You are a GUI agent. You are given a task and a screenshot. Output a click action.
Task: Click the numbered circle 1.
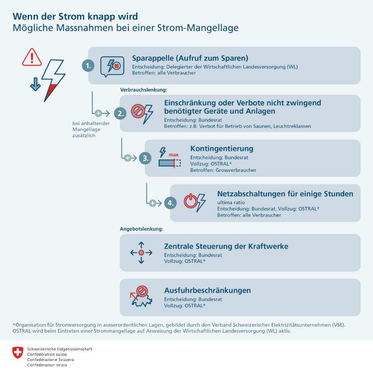tap(88, 66)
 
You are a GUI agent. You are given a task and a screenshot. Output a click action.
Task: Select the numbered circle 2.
tap(120, 113)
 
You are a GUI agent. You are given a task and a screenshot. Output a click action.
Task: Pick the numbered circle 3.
tap(145, 158)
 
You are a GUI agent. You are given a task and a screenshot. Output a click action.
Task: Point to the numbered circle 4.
tap(170, 203)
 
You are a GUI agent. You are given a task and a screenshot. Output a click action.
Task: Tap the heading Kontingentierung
tap(222, 149)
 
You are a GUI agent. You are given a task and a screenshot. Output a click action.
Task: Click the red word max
tap(173, 155)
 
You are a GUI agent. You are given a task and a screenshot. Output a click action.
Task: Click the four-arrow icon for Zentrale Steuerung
tap(141, 252)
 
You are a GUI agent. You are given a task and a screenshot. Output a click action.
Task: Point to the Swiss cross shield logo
tap(17, 352)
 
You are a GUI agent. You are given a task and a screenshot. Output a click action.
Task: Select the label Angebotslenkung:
tap(141, 229)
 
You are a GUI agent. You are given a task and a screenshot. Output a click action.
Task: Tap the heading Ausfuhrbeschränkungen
tap(208, 290)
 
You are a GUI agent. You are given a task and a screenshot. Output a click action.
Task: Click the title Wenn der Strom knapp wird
tap(75, 16)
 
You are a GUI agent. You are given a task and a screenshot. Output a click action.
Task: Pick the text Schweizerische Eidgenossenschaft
tap(60, 349)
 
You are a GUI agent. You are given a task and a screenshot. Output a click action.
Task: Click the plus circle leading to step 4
tap(153, 203)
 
